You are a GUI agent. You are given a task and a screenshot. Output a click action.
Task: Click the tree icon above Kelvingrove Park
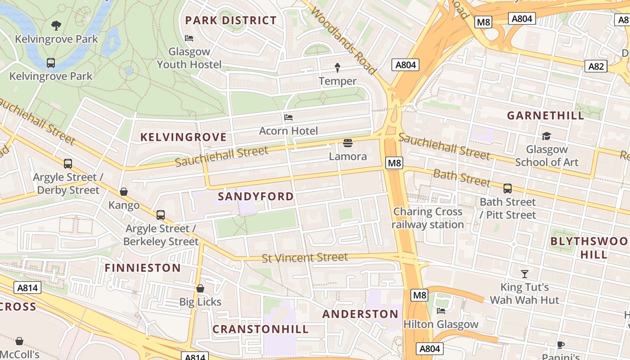(56, 25)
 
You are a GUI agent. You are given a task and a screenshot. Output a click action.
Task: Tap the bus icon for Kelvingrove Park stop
(51, 63)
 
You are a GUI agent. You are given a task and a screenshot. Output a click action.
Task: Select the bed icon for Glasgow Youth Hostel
(189, 38)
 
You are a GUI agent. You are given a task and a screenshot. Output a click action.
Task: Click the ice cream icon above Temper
(337, 68)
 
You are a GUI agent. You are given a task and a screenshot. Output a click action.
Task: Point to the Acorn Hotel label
(288, 131)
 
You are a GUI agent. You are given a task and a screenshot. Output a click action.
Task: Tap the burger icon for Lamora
(347, 143)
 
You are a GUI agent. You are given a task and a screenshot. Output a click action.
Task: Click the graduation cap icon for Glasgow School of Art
(546, 136)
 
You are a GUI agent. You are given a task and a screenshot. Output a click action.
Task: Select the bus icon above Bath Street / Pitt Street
(508, 189)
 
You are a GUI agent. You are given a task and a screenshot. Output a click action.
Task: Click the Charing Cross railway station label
(427, 218)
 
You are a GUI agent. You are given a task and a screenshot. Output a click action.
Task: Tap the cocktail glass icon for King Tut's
(524, 274)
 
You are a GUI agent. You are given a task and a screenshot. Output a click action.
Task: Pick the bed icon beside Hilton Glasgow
(441, 311)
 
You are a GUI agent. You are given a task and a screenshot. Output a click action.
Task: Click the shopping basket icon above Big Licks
(200, 288)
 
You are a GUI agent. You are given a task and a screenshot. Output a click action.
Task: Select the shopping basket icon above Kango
(124, 192)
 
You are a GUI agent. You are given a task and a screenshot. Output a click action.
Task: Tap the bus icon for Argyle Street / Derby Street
(68, 164)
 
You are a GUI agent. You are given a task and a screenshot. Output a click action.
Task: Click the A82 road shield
(596, 66)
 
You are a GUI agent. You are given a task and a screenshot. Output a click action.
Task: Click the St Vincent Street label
(305, 258)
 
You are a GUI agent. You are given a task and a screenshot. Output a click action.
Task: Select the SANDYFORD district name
(256, 196)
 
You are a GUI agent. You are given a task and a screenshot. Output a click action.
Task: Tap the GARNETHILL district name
(545, 115)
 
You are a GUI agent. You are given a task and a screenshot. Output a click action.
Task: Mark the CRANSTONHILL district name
(261, 329)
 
